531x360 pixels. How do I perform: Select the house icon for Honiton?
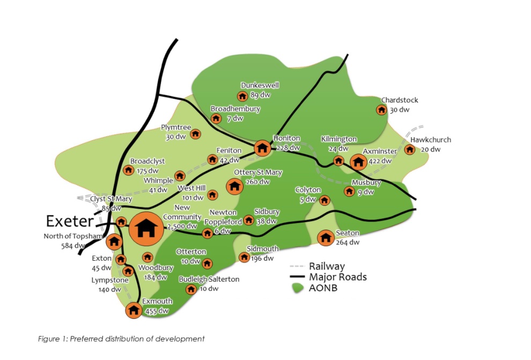pyautogui.click(x=262, y=148)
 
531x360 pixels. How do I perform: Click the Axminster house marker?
pyautogui.click(x=358, y=161)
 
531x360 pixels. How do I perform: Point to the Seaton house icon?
pyautogui.click(x=326, y=237)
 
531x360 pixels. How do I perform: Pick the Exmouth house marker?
pyautogui.click(x=134, y=310)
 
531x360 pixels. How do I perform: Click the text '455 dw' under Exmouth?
pyautogui.click(x=157, y=311)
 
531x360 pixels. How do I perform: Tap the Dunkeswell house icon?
pyautogui.click(x=242, y=96)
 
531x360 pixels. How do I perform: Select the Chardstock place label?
pyautogui.click(x=400, y=100)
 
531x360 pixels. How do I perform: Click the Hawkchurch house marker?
pyautogui.click(x=410, y=149)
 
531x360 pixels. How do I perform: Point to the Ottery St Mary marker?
pyautogui.click(x=234, y=186)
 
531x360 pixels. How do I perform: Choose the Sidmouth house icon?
pyautogui.click(x=244, y=258)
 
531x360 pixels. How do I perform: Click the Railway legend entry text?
pyautogui.click(x=327, y=266)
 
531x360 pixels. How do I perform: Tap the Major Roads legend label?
pyautogui.click(x=337, y=277)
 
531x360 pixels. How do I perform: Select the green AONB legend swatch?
pyautogui.click(x=297, y=288)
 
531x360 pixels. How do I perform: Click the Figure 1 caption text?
pyautogui.click(x=121, y=339)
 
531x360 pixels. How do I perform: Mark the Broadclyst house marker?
pyautogui.click(x=128, y=170)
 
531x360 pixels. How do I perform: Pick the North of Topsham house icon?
pyautogui.click(x=114, y=241)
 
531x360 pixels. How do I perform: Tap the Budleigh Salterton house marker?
pyautogui.click(x=190, y=289)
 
